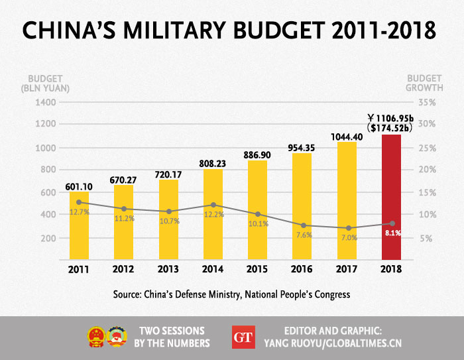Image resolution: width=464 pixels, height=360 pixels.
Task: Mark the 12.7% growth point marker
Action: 79,202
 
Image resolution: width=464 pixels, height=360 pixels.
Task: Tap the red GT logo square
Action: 243,336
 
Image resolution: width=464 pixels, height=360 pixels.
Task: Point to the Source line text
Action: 232,293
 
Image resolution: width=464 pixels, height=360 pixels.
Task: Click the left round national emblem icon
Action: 96,337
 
